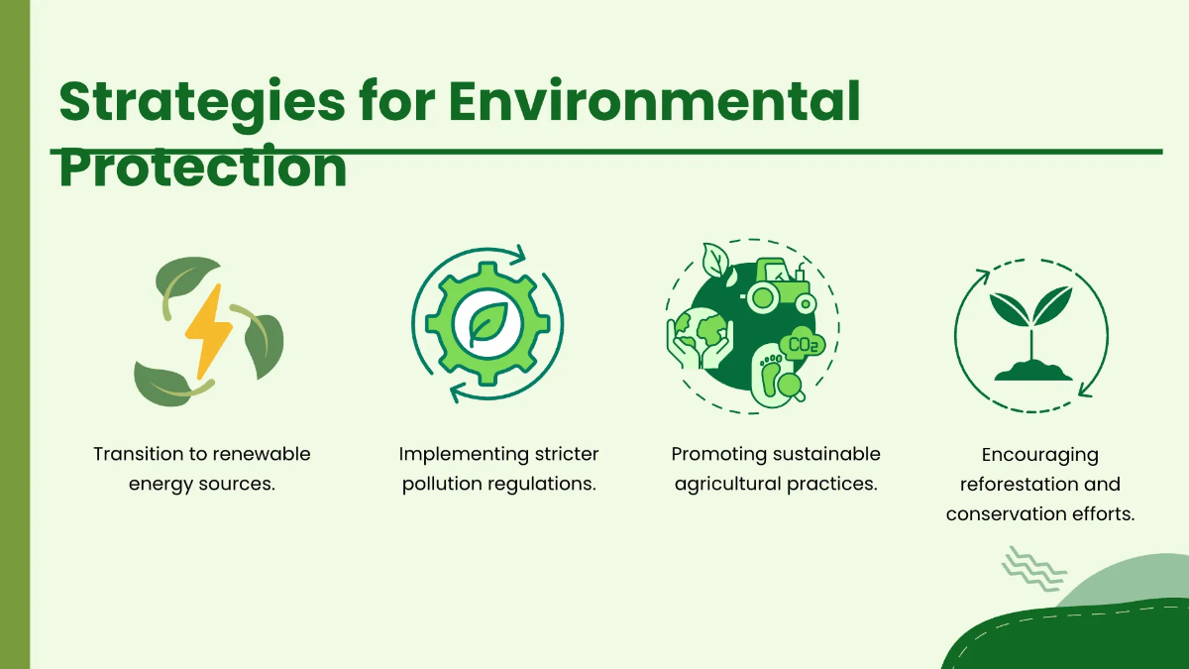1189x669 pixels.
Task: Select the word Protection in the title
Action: pos(203,167)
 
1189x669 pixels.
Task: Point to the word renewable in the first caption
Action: pos(261,454)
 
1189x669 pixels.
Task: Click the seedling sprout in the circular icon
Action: pos(1032,317)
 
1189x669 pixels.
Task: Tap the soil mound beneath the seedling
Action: pos(1032,372)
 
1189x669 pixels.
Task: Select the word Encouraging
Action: pos(1040,455)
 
